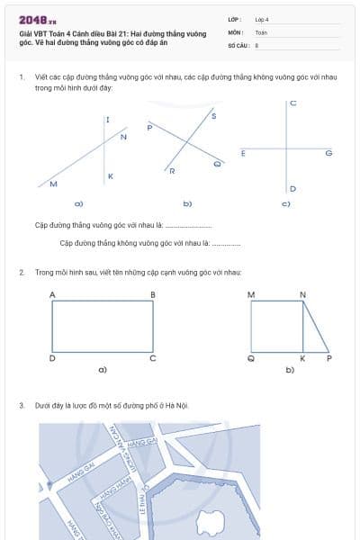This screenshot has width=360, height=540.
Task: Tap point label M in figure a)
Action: click(x=53, y=184)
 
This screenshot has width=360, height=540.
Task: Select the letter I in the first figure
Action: click(x=107, y=120)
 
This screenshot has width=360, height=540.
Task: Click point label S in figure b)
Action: click(x=213, y=116)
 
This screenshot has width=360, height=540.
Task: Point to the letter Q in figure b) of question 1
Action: click(x=217, y=164)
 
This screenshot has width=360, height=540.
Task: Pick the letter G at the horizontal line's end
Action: click(x=328, y=153)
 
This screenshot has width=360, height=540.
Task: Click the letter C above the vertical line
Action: click(x=293, y=105)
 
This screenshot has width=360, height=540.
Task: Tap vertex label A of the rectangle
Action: click(x=51, y=294)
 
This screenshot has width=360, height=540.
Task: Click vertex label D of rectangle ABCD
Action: click(x=51, y=358)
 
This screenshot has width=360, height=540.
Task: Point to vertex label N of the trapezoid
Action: click(x=302, y=294)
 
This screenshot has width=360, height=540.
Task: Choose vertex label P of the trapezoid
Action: click(x=328, y=358)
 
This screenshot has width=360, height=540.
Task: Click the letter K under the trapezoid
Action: click(x=302, y=358)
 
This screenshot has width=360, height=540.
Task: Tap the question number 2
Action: click(x=21, y=271)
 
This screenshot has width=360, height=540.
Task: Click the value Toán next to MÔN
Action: click(x=261, y=31)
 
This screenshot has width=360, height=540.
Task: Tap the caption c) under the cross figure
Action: click(x=285, y=204)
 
